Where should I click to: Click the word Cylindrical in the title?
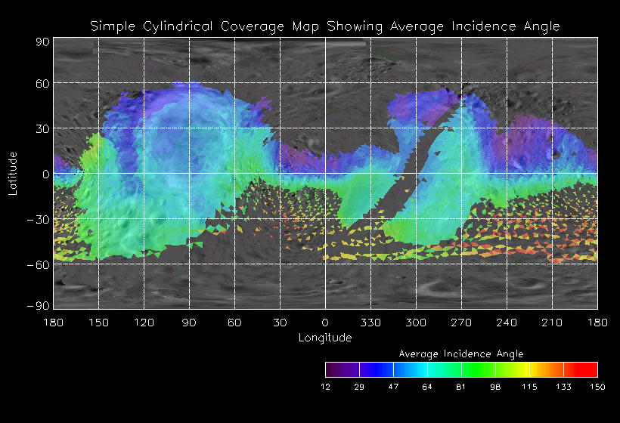[x=180, y=26]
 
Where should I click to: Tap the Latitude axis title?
[x=13, y=173]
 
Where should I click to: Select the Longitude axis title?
[x=325, y=337]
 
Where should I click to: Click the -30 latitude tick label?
[x=37, y=220]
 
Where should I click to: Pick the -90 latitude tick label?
[x=37, y=305]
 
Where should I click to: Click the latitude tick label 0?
[x=46, y=174]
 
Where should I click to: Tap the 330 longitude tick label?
[x=370, y=323]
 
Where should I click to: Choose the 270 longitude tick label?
[x=461, y=323]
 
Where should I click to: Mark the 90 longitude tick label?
[x=189, y=323]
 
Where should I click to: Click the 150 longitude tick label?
[x=98, y=323]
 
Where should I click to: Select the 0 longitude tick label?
[x=325, y=323]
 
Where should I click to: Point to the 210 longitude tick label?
[x=552, y=323]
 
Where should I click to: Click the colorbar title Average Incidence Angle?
[x=461, y=354]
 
